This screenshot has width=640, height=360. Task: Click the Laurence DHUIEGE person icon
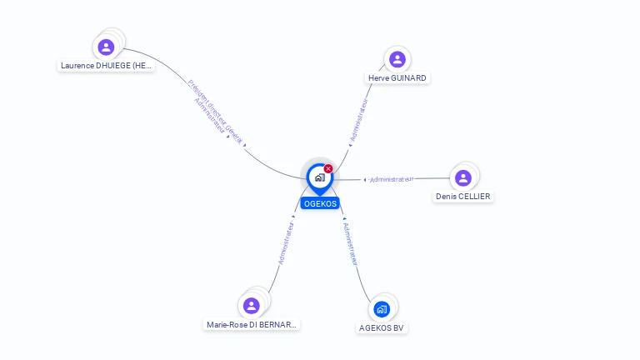tap(106, 47)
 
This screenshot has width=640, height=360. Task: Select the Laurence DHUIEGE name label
tap(107, 65)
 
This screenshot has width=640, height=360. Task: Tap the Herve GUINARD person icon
tap(397, 59)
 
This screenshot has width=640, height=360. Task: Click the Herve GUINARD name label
tap(397, 78)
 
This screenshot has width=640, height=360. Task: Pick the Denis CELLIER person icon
tap(463, 177)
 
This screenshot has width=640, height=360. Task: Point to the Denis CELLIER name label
tap(463, 197)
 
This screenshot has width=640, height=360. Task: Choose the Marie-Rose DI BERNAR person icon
tap(252, 306)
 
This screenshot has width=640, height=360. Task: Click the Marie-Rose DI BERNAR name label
tap(252, 324)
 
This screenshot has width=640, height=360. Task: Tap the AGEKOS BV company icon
tap(382, 309)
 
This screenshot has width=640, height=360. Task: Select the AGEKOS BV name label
tap(382, 328)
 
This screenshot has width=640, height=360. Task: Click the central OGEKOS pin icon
tap(319, 177)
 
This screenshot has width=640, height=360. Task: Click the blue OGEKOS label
tap(320, 203)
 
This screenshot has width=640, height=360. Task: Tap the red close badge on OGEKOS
tap(328, 169)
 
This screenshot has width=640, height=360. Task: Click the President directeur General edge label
tap(216, 112)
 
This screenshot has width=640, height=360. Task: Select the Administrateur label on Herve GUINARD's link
tap(359, 119)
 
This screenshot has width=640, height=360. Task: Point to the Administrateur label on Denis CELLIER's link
tap(391, 179)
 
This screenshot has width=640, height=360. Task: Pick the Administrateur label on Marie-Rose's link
tap(286, 243)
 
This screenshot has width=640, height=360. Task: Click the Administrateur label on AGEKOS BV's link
tap(351, 243)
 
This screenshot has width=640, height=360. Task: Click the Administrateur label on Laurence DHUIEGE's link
tap(209, 117)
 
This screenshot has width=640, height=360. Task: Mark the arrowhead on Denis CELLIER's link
tap(365, 180)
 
